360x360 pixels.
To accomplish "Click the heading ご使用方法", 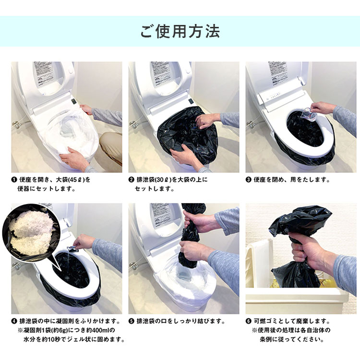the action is (x=180, y=32).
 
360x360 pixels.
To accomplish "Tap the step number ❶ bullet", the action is (x=14, y=180).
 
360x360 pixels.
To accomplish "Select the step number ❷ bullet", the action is (x=132, y=180).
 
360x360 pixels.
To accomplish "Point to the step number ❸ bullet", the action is (x=249, y=180).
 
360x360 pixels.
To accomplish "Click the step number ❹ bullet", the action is (x=14, y=321).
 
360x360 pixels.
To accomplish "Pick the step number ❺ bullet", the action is (x=132, y=321).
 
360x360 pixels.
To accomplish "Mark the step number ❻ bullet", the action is (x=249, y=321).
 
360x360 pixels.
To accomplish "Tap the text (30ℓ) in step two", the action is (x=164, y=180).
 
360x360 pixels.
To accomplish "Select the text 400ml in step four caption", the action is (x=100, y=330).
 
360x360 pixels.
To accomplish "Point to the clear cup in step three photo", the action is (x=309, y=114).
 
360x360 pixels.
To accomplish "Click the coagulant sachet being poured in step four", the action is (x=72, y=249).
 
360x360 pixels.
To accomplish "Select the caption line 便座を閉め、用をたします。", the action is (x=291, y=180).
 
